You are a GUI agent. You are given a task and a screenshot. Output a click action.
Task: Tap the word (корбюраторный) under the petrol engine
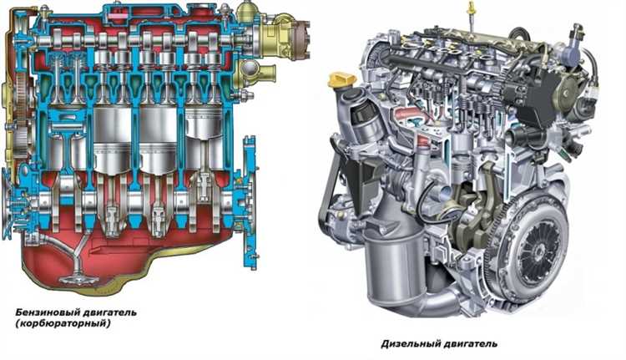point(63,323)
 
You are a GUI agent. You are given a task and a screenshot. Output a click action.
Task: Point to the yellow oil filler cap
point(341,80)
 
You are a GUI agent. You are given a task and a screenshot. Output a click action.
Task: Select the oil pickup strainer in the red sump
point(79,279)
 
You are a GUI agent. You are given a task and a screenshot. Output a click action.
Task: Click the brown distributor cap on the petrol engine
point(300,39)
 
